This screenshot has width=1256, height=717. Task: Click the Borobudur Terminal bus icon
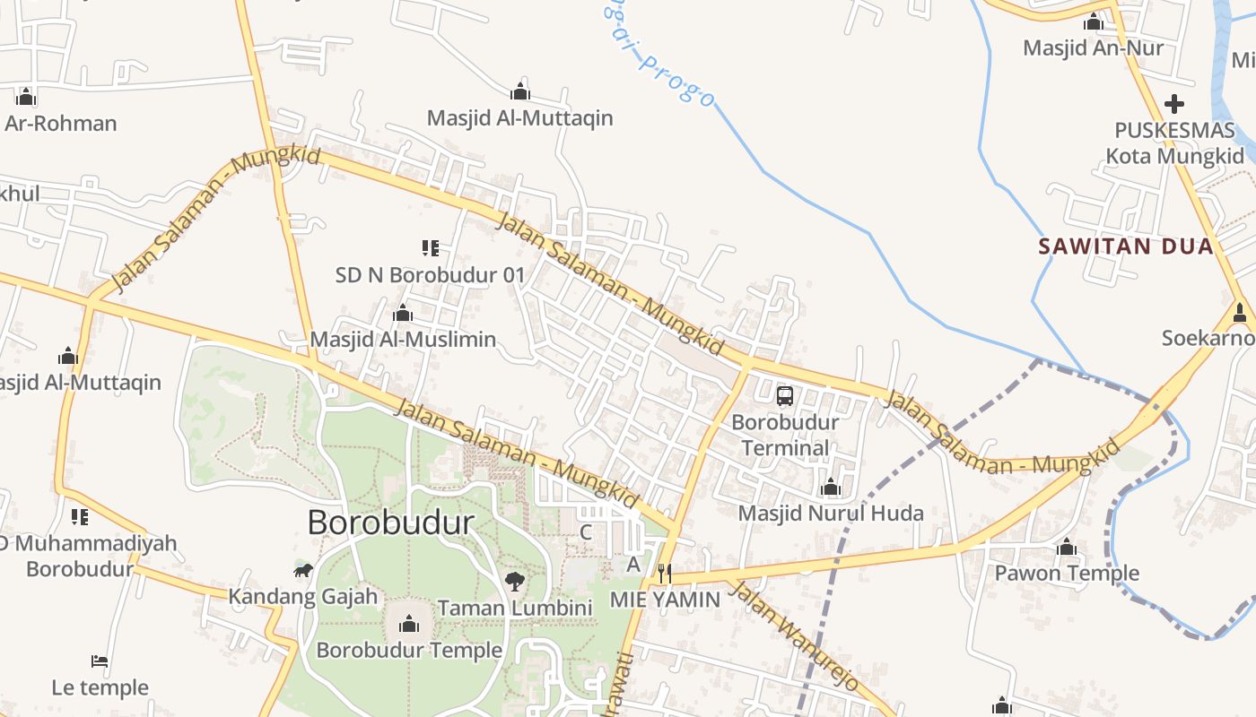784,395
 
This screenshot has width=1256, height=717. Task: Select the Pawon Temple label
1067,573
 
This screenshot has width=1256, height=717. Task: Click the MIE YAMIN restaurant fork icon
665,573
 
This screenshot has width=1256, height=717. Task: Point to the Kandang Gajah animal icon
302,570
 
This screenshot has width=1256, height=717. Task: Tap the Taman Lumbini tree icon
515,582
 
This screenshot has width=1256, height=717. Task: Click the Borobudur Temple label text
409,650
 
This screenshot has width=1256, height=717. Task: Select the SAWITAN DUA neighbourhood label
1126,246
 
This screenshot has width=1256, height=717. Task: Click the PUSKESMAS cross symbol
1173,104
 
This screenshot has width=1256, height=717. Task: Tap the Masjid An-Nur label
1093,48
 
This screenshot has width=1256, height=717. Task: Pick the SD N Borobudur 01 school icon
430,247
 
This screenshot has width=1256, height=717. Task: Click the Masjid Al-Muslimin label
403,340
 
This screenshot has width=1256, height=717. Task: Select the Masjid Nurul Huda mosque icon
830,488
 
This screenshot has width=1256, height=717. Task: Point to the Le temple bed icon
100,661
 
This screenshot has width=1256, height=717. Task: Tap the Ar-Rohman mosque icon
25,96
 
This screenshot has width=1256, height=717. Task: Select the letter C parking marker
586,532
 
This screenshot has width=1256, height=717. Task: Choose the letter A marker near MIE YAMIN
633,565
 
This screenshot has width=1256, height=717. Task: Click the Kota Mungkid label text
1174,156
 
